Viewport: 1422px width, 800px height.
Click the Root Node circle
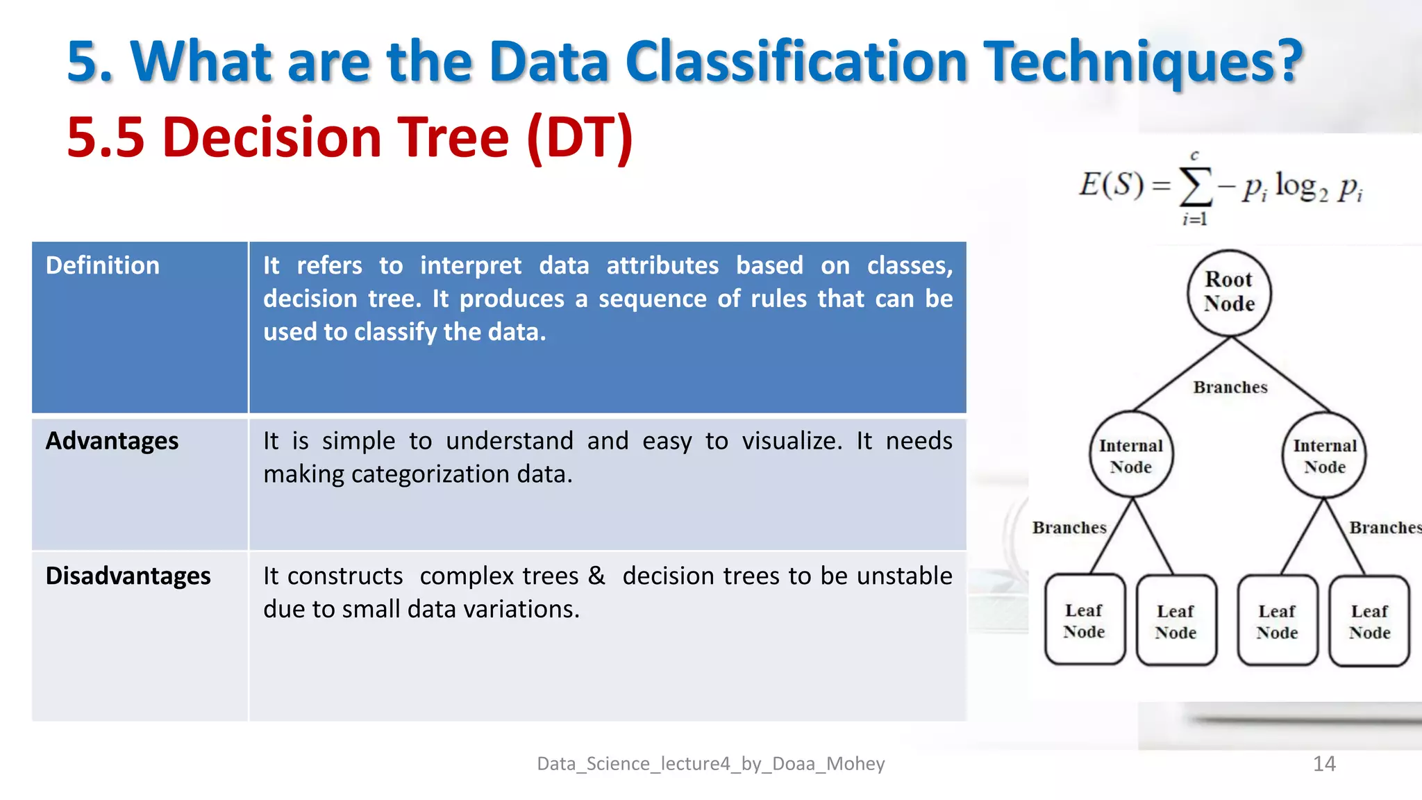click(x=1229, y=292)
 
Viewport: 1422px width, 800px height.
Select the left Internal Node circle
click(x=1131, y=456)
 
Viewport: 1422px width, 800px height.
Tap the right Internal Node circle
click(x=1324, y=456)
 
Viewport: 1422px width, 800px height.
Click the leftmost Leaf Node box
click(x=1085, y=620)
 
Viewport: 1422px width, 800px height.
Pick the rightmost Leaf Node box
click(x=1369, y=621)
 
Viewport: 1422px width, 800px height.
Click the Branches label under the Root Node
click(x=1230, y=387)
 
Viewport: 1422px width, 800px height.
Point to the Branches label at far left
click(x=1069, y=528)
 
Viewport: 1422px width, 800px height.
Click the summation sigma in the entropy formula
click(x=1196, y=186)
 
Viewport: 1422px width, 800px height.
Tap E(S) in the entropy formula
click(x=1110, y=185)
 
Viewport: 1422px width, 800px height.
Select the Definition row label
click(x=103, y=265)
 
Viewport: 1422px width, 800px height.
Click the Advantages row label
click(x=112, y=441)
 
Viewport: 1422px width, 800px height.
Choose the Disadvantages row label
click(x=128, y=576)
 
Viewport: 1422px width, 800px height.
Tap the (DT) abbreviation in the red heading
click(x=580, y=137)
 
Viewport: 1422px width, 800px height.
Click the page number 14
click(x=1324, y=764)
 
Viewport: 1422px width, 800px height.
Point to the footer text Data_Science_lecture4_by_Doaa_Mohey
click(x=710, y=764)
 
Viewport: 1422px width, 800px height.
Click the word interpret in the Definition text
click(x=470, y=265)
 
